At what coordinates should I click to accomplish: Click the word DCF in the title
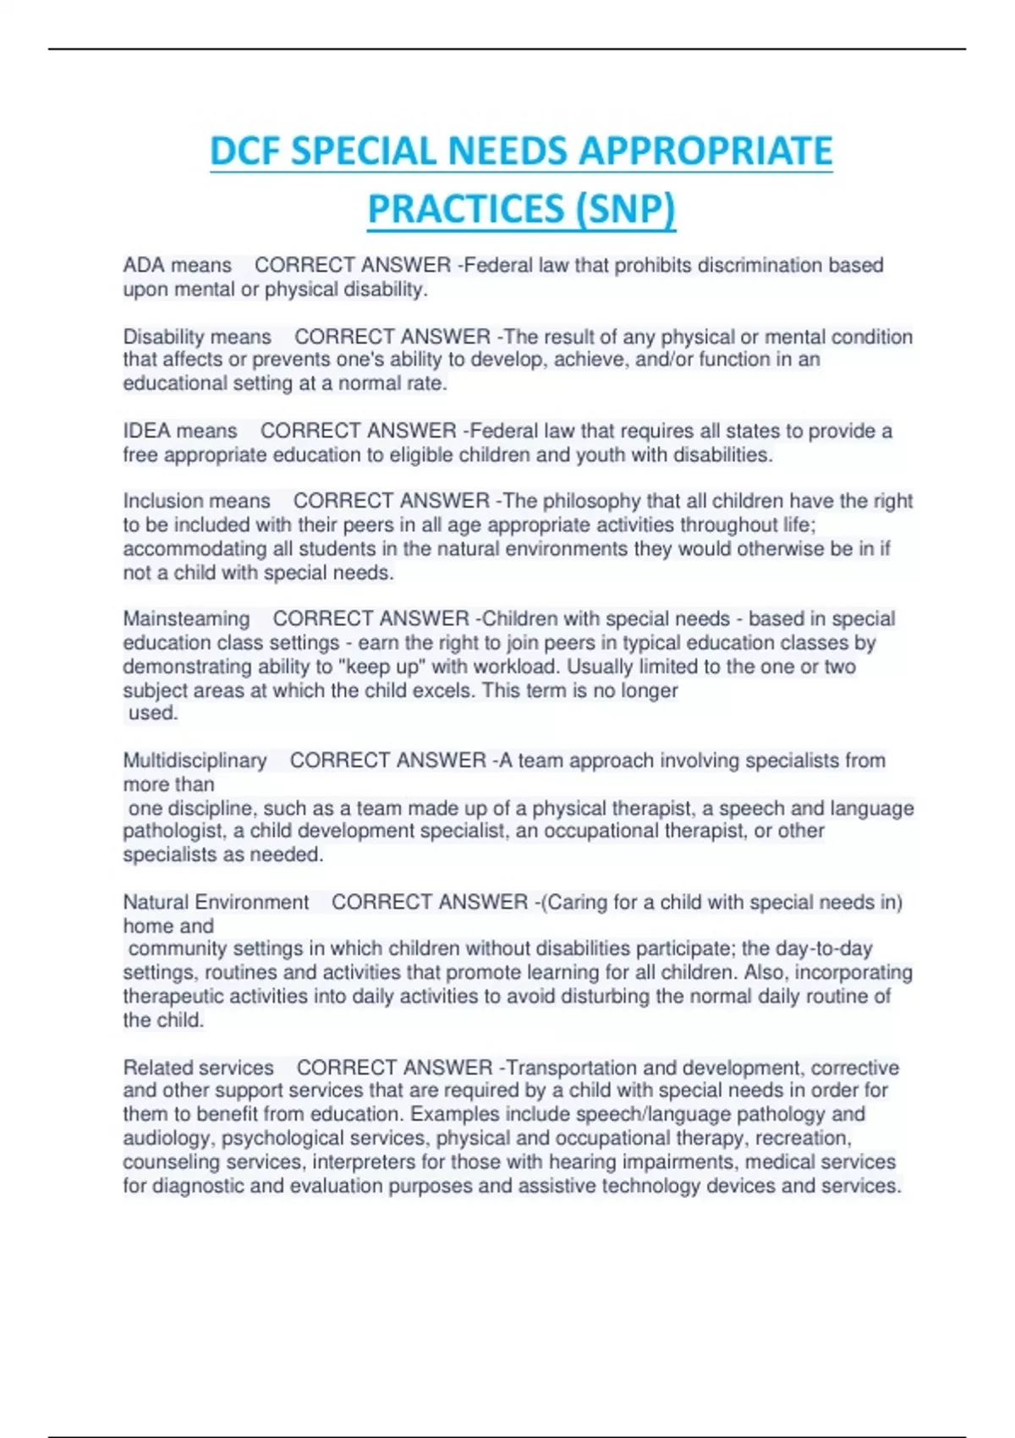(245, 151)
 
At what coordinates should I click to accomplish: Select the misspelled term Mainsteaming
(186, 619)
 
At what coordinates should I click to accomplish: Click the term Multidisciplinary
(195, 760)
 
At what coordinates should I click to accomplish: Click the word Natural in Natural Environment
(156, 903)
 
